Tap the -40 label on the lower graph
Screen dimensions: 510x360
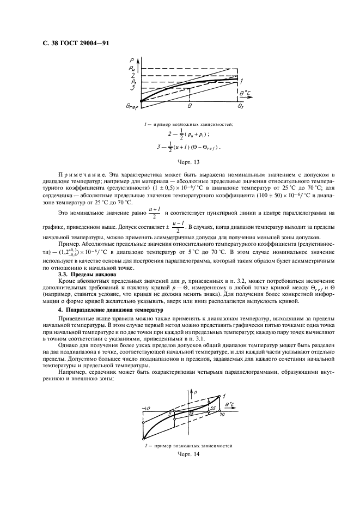pos(145,408)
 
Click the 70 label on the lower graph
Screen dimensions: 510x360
pos(222,415)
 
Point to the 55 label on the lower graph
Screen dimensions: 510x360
pos(213,408)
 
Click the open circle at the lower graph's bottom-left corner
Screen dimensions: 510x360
pos(143,439)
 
